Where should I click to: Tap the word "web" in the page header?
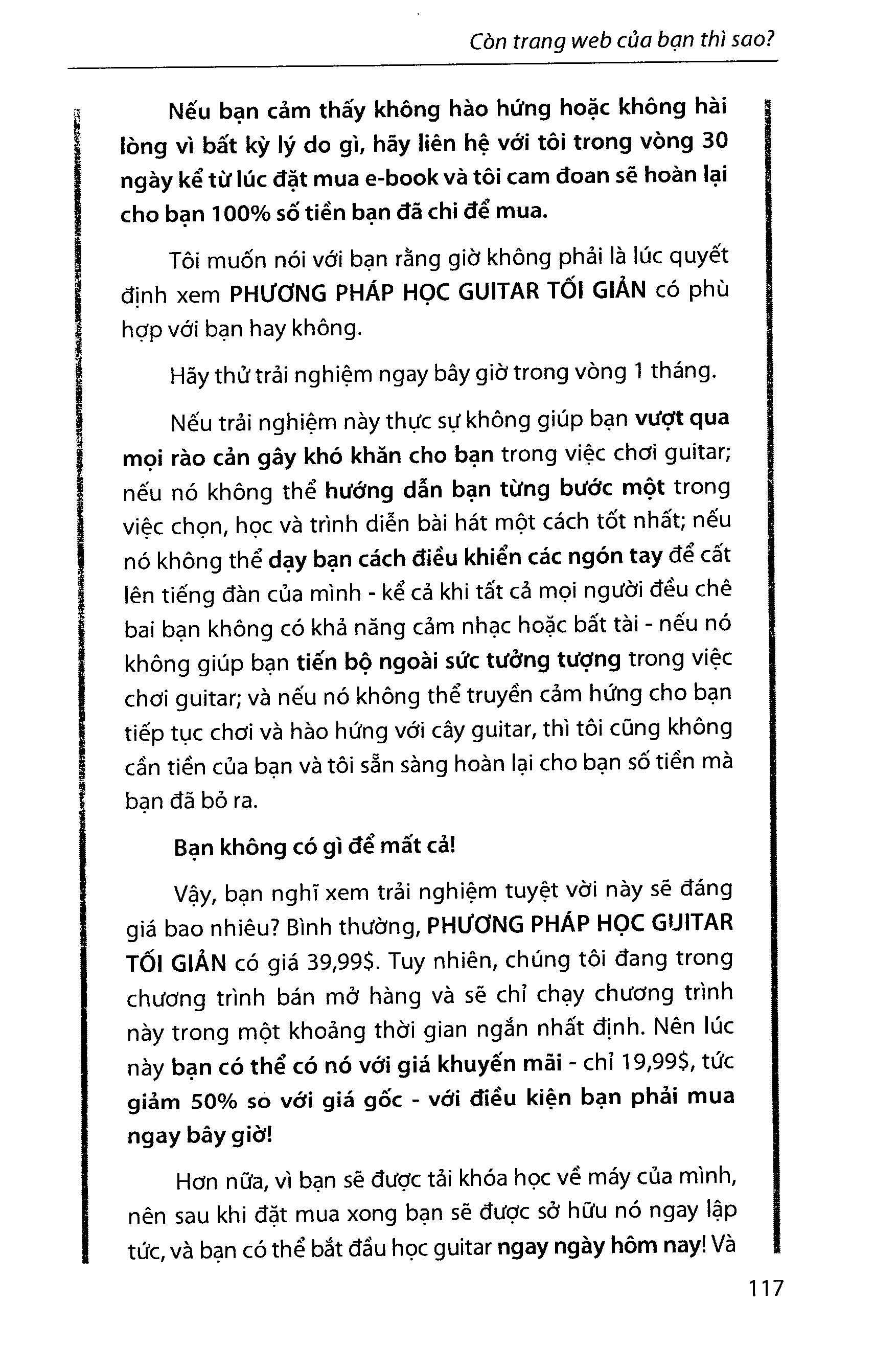tap(616, 42)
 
